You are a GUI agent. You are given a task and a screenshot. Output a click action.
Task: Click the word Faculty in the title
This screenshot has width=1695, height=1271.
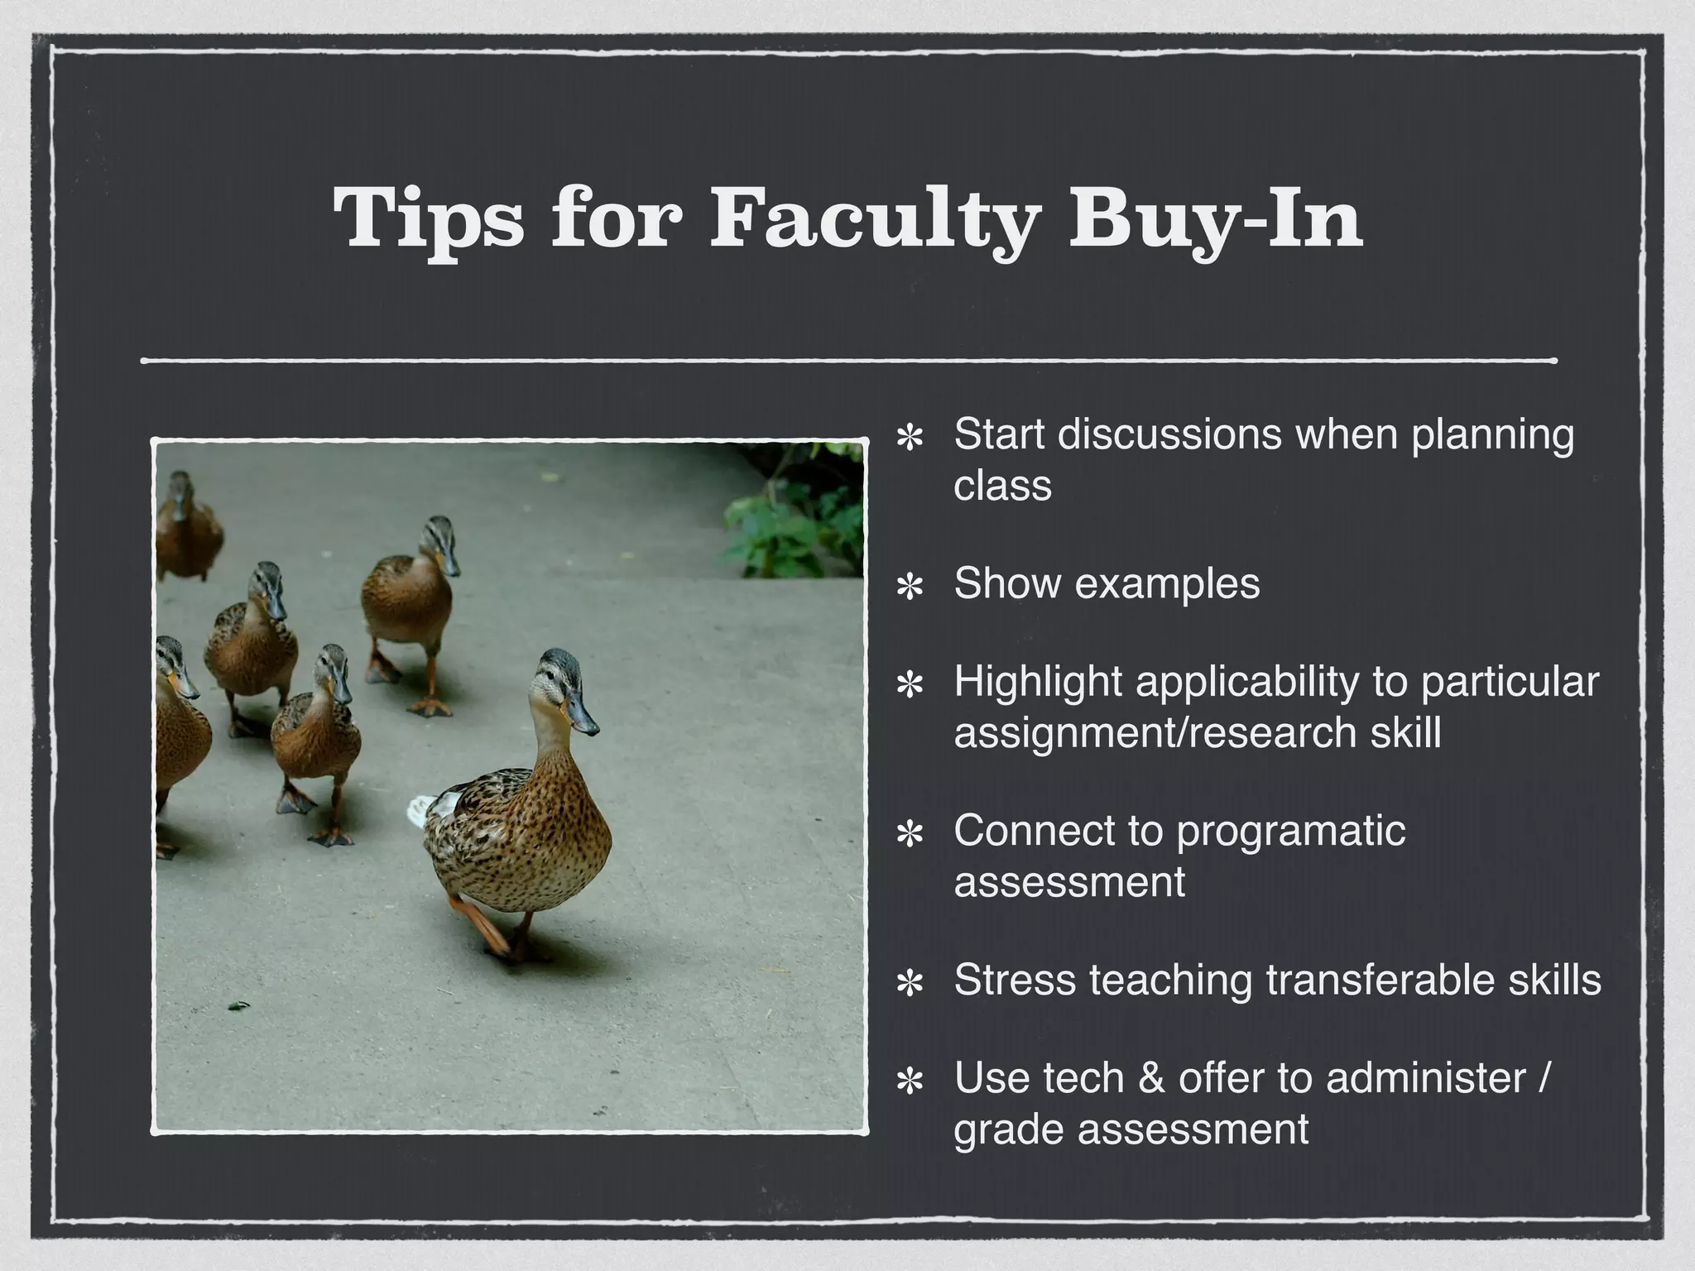click(874, 217)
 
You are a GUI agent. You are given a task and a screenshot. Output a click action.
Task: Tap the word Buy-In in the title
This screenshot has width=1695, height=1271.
click(1215, 217)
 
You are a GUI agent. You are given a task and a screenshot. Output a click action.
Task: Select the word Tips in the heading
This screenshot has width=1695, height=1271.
click(429, 217)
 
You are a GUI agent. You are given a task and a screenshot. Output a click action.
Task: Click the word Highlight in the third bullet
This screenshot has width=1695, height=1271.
click(1037, 683)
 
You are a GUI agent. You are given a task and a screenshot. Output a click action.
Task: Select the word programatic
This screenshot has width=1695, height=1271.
click(1291, 831)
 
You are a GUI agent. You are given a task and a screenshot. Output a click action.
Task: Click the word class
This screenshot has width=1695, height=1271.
click(1002, 486)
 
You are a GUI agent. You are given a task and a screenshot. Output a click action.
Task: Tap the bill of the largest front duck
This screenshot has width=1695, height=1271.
click(582, 717)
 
